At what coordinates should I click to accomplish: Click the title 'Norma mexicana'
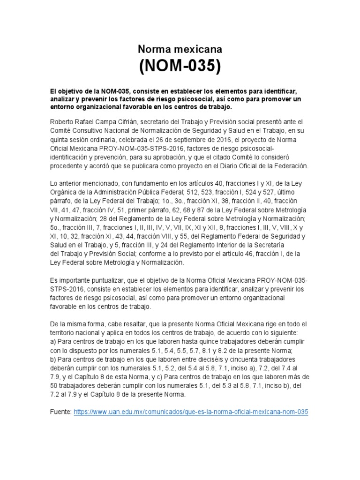click(x=180, y=49)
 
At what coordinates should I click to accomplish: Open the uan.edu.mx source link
click(x=191, y=411)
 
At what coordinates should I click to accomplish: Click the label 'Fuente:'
click(x=61, y=411)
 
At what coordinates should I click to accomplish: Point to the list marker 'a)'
click(x=53, y=342)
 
